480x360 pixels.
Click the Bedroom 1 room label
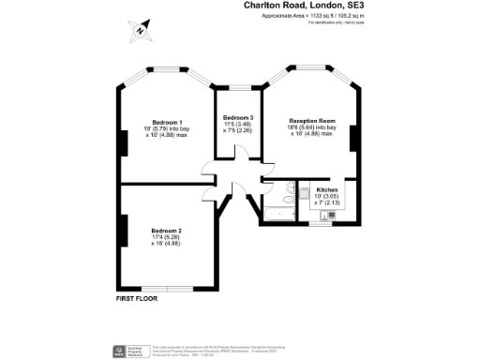point(168,121)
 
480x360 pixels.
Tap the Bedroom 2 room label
point(167,231)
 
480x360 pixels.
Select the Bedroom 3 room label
point(237,116)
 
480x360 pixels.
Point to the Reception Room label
point(312,121)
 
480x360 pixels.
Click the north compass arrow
point(140,29)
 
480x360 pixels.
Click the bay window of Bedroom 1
point(166,70)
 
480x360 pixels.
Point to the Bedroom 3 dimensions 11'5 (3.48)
point(237,124)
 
